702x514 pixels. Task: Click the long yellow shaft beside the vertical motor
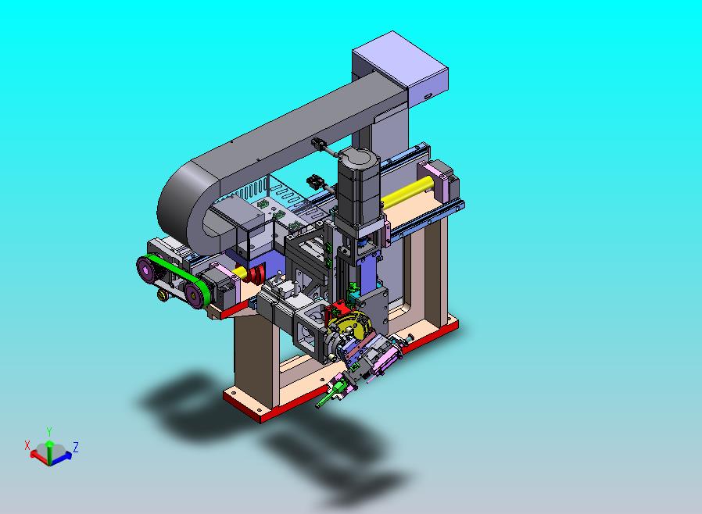407,191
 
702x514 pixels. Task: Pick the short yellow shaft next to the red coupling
238,272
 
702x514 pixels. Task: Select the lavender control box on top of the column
399,66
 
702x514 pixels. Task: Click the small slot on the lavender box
428,96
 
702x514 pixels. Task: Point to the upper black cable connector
319,144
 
